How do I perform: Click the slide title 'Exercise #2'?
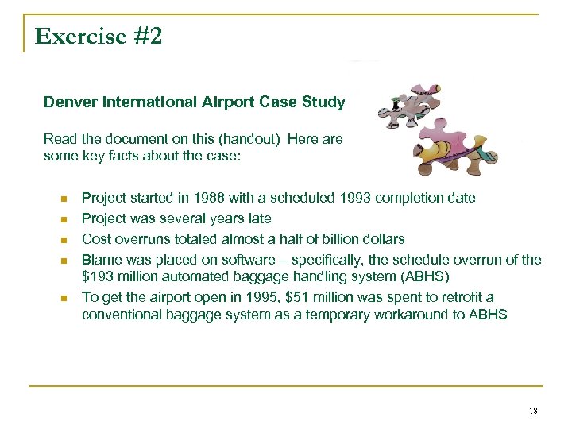99,36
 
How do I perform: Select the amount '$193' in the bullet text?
97,276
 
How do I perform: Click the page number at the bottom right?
532,410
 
